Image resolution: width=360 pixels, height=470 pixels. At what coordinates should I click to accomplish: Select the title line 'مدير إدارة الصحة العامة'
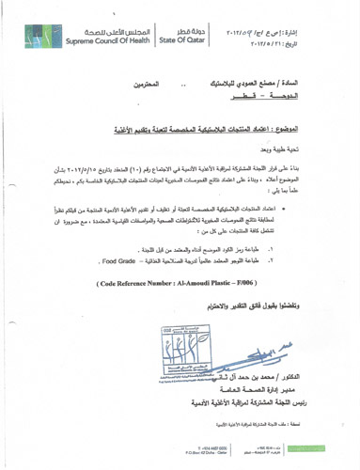pos(265,400)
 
